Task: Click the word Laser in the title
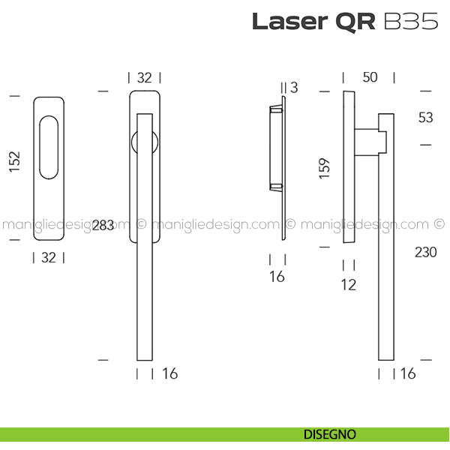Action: point(289,22)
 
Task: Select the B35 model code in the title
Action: point(411,21)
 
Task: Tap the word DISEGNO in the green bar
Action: point(330,434)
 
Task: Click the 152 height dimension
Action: point(15,161)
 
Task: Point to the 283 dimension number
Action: point(103,225)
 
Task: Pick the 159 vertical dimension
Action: point(325,168)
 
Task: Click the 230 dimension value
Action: point(425,253)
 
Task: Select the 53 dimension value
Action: point(425,118)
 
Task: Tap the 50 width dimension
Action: point(370,77)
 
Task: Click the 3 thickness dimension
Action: point(294,88)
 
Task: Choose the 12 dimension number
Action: point(349,285)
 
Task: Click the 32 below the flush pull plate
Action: point(49,257)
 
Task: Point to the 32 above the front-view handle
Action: point(144,78)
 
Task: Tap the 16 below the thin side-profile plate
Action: point(277,277)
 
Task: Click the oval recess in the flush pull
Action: point(49,148)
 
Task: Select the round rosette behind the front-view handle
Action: point(145,142)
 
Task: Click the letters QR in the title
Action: point(355,22)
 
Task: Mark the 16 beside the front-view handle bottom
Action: point(170,373)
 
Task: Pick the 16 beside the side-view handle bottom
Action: point(408,373)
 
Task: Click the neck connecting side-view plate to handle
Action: point(367,142)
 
